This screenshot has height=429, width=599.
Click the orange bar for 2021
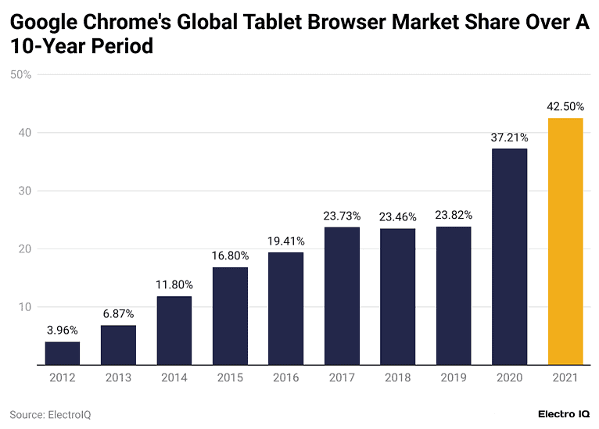(x=565, y=241)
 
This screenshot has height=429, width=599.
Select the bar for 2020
(x=509, y=256)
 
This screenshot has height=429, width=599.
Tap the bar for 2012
(x=62, y=353)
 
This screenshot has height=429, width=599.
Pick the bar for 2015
(x=230, y=316)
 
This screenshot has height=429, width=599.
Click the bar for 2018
(x=397, y=296)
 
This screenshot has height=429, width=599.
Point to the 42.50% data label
(x=565, y=106)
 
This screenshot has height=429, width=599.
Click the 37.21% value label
(x=509, y=137)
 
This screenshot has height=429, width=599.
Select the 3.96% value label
(x=62, y=331)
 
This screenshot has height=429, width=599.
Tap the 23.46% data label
(x=397, y=216)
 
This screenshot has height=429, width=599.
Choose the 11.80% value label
(x=174, y=284)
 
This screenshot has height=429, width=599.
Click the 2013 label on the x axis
(x=118, y=377)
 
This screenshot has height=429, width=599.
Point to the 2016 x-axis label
(x=285, y=377)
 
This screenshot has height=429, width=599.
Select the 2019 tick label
(x=454, y=377)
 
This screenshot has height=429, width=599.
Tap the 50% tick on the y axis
(x=20, y=75)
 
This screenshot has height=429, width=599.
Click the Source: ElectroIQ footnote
(x=50, y=414)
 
